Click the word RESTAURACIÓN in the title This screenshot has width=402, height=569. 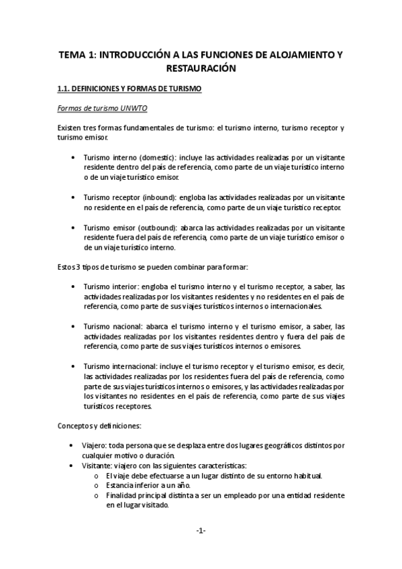(x=201, y=68)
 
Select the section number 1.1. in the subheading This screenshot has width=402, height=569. (x=64, y=89)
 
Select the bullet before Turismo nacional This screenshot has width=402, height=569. (x=72, y=327)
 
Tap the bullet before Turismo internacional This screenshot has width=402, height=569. (x=72, y=366)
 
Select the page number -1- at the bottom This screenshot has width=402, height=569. (x=201, y=531)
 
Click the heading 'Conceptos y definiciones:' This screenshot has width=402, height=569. (x=99, y=425)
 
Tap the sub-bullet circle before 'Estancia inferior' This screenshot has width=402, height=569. (x=98, y=485)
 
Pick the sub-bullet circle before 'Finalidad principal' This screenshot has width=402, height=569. (x=98, y=495)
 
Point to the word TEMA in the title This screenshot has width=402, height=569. (x=72, y=54)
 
